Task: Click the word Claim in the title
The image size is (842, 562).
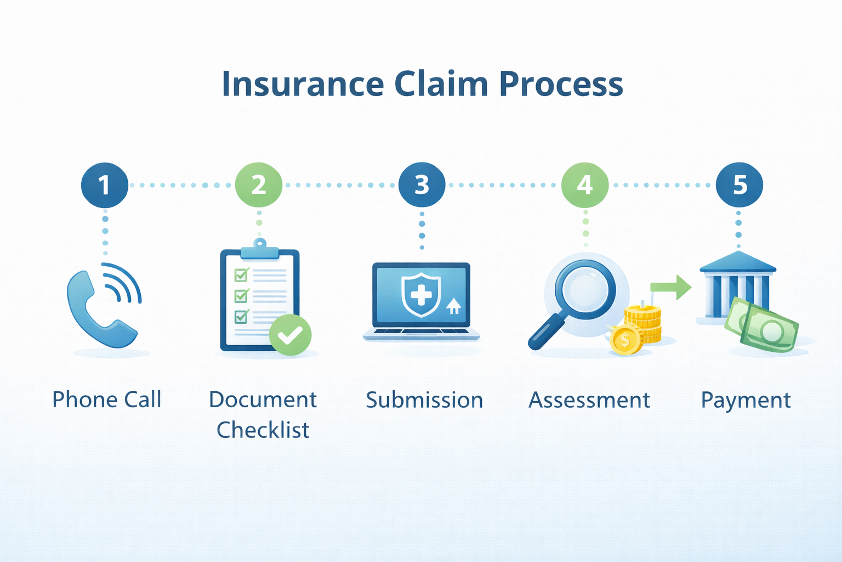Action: (x=441, y=83)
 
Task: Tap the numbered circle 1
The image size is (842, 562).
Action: (x=105, y=185)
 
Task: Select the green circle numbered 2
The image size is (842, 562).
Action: (x=259, y=184)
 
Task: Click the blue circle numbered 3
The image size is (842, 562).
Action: (x=422, y=184)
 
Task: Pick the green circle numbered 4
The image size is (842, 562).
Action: (x=585, y=184)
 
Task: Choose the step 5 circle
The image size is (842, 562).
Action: (x=739, y=184)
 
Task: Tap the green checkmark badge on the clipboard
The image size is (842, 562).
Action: (x=290, y=335)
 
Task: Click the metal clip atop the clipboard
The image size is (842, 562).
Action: (x=260, y=249)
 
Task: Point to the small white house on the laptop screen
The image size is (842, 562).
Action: (x=454, y=306)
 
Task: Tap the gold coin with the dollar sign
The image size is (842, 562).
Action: (x=625, y=340)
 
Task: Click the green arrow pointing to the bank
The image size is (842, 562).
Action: (x=671, y=287)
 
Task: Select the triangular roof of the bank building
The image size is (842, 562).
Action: (x=738, y=261)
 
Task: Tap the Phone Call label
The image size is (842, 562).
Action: (x=107, y=400)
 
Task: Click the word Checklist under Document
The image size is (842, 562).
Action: (x=263, y=430)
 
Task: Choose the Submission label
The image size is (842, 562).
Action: (x=424, y=400)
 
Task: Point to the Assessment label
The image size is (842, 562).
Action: (x=589, y=400)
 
